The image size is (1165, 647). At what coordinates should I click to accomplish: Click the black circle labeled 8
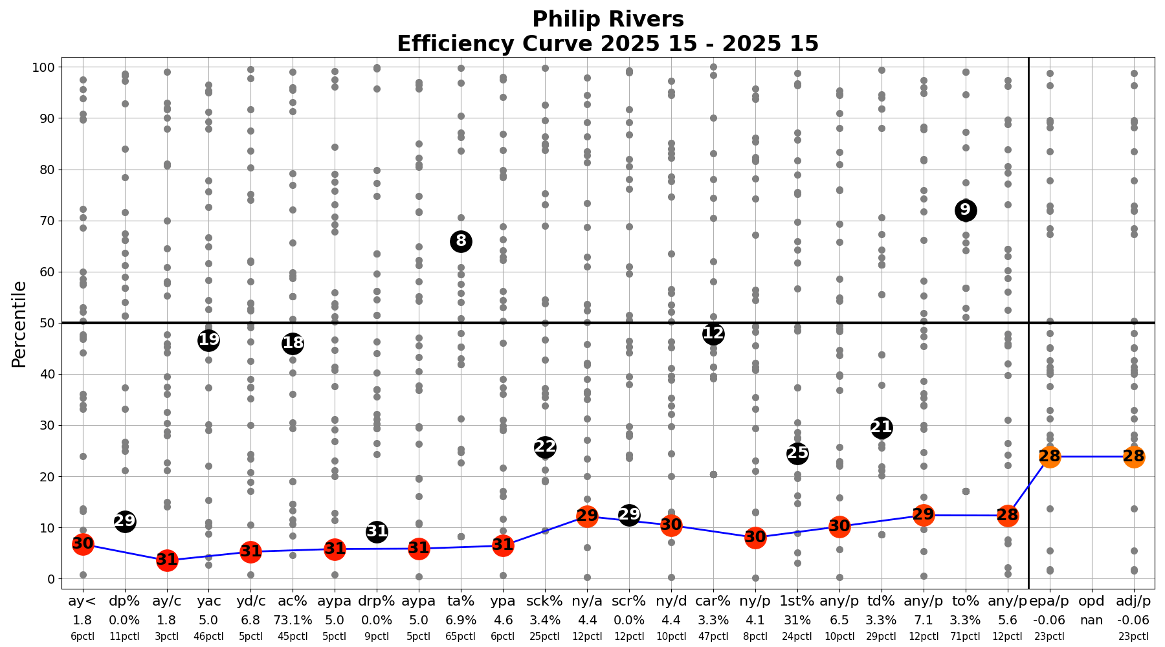click(x=461, y=242)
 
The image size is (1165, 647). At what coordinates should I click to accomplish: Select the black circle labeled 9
click(x=966, y=210)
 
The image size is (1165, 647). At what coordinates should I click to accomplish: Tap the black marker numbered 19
click(x=208, y=340)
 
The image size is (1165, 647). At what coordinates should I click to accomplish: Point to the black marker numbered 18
click(x=293, y=344)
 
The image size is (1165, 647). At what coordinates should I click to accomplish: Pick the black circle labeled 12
click(x=713, y=334)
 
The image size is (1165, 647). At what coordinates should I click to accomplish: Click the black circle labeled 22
click(x=545, y=447)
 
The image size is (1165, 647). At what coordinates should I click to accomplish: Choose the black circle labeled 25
click(x=797, y=454)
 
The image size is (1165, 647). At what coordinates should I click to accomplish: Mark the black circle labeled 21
click(x=882, y=428)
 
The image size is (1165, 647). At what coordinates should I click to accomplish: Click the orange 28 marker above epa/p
click(x=1050, y=457)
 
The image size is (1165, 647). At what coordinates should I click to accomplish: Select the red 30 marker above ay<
click(x=83, y=544)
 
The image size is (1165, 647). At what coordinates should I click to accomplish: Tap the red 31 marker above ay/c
click(x=167, y=560)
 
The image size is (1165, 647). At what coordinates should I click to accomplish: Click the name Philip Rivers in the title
click(x=608, y=19)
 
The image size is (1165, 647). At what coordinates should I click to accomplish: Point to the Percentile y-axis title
click(x=20, y=323)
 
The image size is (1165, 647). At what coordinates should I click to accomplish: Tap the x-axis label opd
click(x=1092, y=602)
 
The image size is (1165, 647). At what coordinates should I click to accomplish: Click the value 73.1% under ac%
click(x=293, y=620)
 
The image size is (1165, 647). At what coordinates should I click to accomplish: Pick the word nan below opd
click(x=1092, y=620)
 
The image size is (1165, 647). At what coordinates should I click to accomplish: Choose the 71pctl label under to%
click(x=966, y=637)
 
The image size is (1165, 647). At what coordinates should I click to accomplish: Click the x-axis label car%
click(x=713, y=602)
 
